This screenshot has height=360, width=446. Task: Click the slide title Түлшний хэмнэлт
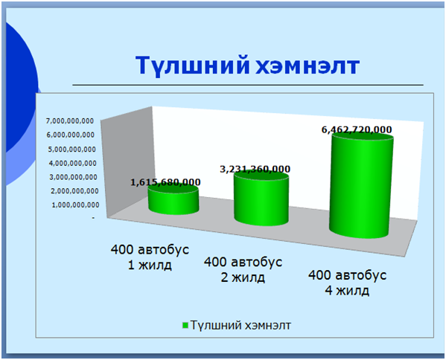247,65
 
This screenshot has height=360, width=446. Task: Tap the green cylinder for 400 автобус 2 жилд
261,199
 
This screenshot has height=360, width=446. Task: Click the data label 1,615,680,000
165,182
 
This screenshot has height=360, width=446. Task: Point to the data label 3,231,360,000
255,169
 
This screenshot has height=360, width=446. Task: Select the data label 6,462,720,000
357,130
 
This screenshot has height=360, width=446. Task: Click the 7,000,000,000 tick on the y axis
70,121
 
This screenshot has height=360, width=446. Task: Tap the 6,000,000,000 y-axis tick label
71,135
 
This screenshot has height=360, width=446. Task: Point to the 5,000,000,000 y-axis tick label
71,150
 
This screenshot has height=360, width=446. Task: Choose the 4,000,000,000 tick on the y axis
72,164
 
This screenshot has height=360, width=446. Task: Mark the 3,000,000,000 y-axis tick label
74,177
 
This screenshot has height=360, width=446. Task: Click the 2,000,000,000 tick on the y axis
74,191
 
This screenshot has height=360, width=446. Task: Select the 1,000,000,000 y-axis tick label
75,205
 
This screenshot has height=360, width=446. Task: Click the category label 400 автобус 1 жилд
150,257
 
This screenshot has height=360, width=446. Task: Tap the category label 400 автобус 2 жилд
243,269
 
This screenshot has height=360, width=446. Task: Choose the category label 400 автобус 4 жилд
347,283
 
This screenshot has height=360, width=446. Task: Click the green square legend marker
185,326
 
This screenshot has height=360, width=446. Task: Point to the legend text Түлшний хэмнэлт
240,325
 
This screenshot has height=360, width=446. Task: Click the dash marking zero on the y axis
93,218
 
